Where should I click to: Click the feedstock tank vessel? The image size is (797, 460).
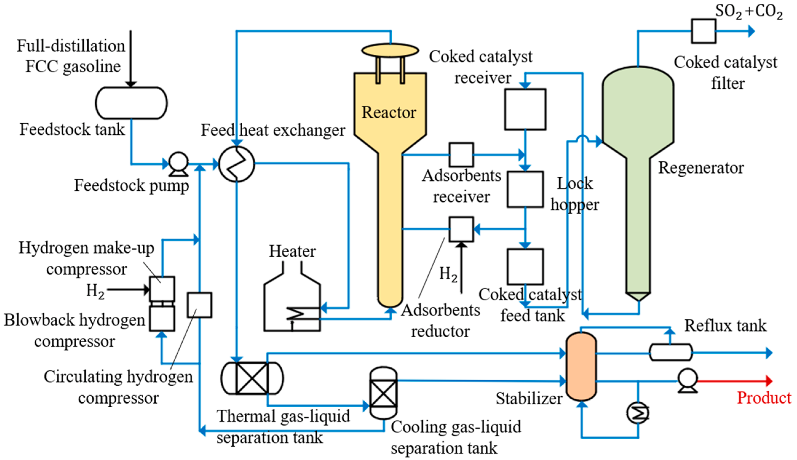coord(131,103)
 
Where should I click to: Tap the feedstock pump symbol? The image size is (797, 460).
coord(178,163)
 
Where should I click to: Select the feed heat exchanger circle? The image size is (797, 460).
coord(237,164)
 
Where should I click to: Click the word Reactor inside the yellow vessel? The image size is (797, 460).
coord(389,113)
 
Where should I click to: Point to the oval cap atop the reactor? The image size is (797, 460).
coord(390,50)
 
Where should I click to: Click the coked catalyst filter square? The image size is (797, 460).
coord(703,31)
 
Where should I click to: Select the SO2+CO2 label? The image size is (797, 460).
coord(749,11)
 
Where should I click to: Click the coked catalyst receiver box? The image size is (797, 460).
coord(525,109)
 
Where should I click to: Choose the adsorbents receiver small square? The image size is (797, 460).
coord(461,154)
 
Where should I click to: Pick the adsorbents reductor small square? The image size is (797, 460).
coord(461,229)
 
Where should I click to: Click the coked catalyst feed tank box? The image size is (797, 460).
coord(525,267)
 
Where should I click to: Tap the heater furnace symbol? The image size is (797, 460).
coord(292,302)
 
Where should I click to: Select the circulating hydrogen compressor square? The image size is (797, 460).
coord(199,305)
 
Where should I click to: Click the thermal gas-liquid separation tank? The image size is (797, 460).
coord(252,378)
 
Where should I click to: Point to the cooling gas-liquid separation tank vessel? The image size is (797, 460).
coord(383,393)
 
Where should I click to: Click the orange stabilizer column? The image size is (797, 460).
coord(581,366)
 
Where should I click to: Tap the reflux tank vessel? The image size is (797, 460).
coord(670,352)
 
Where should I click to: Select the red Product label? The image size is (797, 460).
coord(763,398)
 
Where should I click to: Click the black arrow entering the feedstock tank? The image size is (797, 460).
coord(131,60)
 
